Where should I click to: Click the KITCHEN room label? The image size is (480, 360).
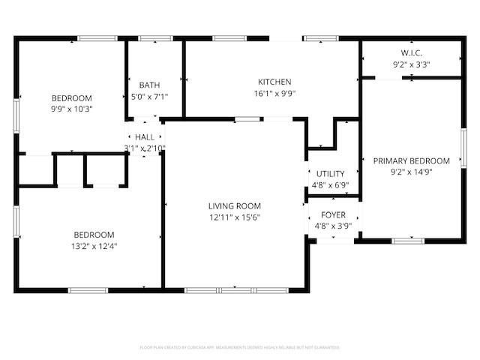point(274,82)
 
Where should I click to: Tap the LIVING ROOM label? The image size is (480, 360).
point(234,206)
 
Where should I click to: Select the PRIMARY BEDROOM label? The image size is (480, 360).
point(412,160)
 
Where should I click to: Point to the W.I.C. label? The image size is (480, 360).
point(412,53)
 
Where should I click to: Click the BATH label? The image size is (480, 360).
point(149,85)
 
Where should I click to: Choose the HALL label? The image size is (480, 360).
point(145,137)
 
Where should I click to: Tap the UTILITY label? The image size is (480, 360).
point(330,174)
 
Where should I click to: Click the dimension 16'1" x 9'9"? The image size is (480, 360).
point(274,94)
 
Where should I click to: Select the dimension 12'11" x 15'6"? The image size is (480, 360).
point(234,217)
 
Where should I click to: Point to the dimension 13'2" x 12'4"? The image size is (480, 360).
point(94,245)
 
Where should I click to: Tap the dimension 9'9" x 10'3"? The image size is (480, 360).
point(72,109)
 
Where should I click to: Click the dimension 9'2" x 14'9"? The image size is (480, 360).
point(412,172)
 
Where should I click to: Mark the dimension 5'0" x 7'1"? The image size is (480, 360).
point(149,96)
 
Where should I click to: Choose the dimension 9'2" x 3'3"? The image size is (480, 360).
point(412,64)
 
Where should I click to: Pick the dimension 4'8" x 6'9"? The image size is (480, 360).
point(330,185)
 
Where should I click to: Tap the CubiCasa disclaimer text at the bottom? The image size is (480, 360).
point(240,347)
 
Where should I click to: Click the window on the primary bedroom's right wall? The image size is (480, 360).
point(463,148)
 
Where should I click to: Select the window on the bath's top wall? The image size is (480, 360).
point(155,38)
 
